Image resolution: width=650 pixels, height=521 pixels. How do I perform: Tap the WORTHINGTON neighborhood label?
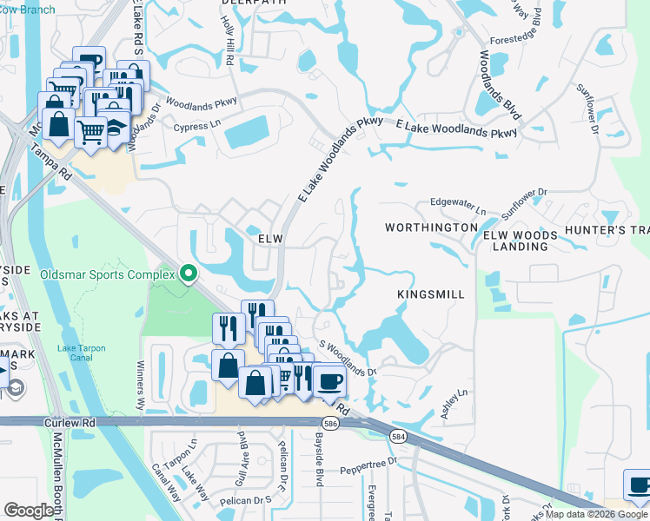pos(432,228)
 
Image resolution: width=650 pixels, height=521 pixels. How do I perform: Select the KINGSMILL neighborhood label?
pos(431,294)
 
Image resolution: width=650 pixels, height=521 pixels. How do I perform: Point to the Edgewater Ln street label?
pos(459,204)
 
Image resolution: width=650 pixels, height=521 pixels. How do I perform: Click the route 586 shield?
pos(329,423)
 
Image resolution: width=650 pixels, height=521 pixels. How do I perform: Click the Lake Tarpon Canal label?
pos(81,353)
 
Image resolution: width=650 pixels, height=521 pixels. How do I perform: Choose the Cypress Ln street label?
pos(198,126)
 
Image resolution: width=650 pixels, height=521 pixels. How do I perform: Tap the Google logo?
pos(29,511)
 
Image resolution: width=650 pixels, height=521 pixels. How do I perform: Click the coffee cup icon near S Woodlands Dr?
pos(329,380)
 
